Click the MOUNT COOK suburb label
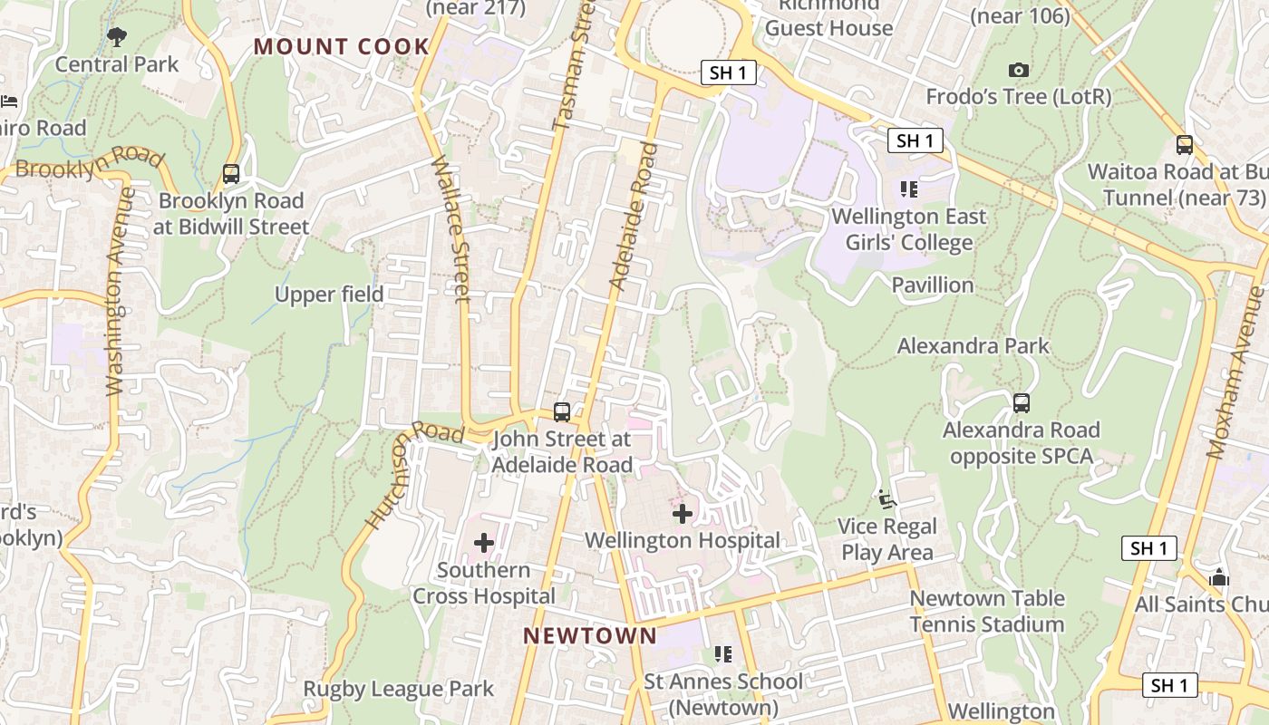click(x=342, y=46)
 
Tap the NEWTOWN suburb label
click(x=590, y=635)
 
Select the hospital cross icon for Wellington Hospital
click(x=682, y=514)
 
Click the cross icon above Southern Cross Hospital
click(x=484, y=543)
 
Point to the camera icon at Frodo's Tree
click(x=1019, y=71)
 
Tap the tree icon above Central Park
click(x=117, y=37)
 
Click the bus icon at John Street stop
click(x=562, y=412)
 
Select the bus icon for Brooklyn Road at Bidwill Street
click(x=231, y=174)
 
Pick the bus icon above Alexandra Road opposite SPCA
click(x=1022, y=403)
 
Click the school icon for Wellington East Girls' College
click(x=909, y=189)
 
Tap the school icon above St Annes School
click(x=722, y=653)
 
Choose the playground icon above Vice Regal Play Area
click(x=886, y=499)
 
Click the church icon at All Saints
click(x=1219, y=577)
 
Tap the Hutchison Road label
click(x=402, y=475)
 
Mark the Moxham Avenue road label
click(x=1236, y=372)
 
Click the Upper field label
click(x=329, y=295)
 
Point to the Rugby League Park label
click(x=399, y=689)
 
